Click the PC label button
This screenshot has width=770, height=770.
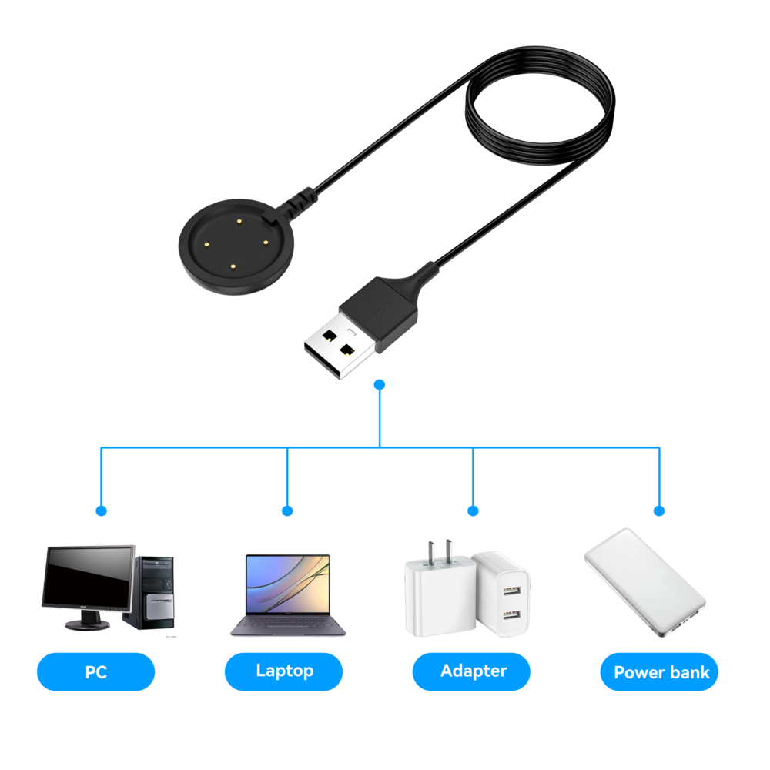[x=95, y=671]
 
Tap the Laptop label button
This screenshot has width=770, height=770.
[x=283, y=671]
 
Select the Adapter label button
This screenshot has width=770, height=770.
[x=471, y=671]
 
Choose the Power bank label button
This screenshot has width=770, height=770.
[x=660, y=672]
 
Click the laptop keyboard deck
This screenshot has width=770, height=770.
[x=287, y=627]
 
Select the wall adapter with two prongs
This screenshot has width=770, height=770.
[x=435, y=593]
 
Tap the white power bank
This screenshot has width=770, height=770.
[x=644, y=581]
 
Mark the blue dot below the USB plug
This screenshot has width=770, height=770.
[x=380, y=383]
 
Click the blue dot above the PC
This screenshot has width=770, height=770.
[x=101, y=511]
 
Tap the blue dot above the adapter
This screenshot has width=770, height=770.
[x=473, y=511]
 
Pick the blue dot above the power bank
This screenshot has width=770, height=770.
[x=659, y=511]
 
